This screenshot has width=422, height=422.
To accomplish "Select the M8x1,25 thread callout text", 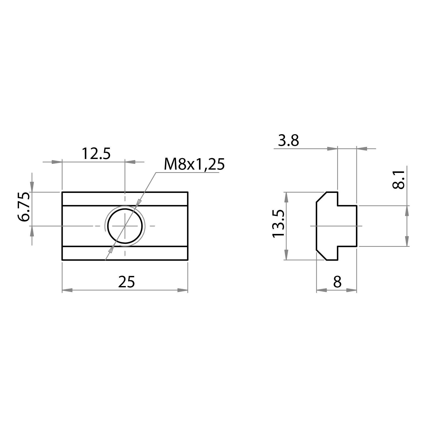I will point(194,165).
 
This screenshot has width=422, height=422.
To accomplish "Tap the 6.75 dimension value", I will point(25,207).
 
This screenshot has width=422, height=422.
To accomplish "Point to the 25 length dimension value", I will point(126,282).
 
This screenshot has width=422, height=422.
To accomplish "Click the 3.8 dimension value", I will point(288,141).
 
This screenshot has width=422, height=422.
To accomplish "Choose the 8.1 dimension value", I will point(398,179).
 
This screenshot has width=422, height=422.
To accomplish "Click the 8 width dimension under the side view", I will point(337,282).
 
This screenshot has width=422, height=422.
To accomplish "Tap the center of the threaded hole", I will point(125,226).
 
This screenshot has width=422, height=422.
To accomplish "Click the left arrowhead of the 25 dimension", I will point(67,290).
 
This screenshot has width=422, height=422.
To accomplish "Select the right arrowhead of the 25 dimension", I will point(183,290).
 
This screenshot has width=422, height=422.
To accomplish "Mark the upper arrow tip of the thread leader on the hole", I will point(138,202).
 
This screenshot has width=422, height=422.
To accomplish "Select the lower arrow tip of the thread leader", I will point(111,250).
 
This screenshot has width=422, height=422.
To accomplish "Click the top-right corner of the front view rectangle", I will point(188,192).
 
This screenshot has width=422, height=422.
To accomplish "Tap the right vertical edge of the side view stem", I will point(357,226).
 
